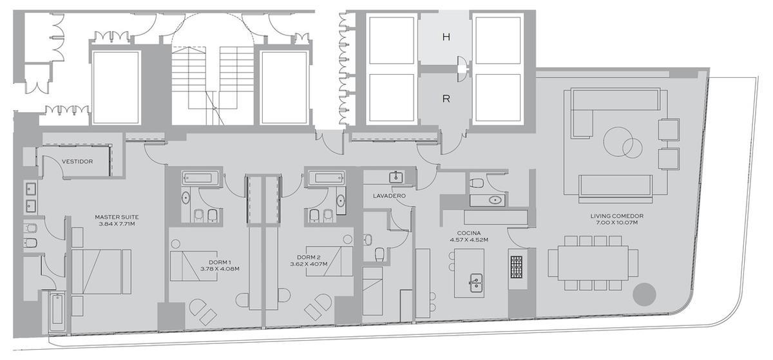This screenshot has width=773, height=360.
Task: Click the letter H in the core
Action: tap(446, 37)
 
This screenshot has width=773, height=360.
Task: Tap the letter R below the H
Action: tap(446, 99)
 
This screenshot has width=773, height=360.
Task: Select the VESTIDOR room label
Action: tap(77, 162)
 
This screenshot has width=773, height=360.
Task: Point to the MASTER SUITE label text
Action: tap(117, 217)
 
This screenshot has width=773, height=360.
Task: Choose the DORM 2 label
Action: tap(309, 258)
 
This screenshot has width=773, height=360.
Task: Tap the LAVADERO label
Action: tap(389, 196)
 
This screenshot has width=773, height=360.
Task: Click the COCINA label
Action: tap(469, 233)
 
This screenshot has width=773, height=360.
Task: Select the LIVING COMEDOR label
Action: tap(616, 216)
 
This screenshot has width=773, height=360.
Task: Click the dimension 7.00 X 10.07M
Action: tap(616, 223)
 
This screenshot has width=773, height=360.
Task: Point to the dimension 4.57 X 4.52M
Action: tap(469, 240)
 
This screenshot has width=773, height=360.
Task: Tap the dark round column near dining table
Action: tap(644, 294)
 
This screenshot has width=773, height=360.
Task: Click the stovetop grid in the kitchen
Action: tap(517, 267)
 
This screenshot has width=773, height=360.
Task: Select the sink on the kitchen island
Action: tap(476, 283)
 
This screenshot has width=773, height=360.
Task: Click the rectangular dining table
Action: tap(593, 263)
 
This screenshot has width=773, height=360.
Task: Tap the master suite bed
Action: tap(101, 272)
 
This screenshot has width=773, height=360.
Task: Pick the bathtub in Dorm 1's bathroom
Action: tap(200, 178)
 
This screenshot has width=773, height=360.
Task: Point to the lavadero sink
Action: tap(396, 177)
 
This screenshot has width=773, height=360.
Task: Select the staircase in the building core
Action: tap(213, 85)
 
